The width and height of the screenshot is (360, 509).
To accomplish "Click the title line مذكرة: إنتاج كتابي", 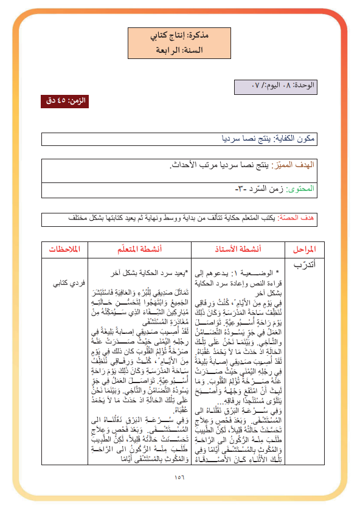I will pos(181,35).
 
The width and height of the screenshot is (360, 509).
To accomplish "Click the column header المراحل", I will pos(300,249).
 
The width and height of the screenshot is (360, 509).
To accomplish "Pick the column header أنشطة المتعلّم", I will pos(140,249).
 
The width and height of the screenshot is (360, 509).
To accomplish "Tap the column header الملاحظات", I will pos(66,249).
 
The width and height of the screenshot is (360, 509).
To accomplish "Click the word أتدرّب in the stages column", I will pos(302,265).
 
